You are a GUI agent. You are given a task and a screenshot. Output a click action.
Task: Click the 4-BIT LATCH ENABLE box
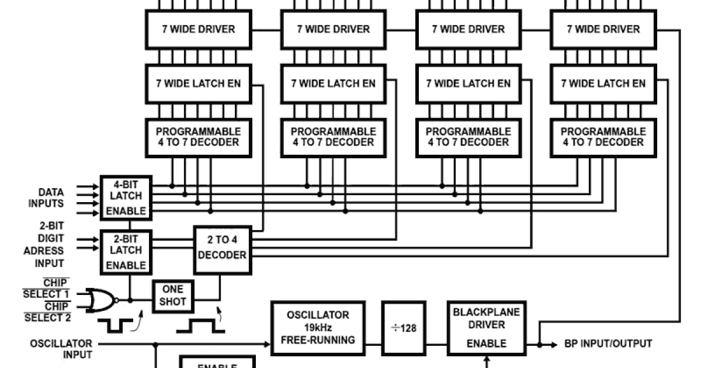(x=126, y=197)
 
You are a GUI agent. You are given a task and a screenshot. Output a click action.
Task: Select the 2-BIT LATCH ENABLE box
(x=126, y=251)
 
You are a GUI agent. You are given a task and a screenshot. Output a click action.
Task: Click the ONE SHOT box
(x=173, y=295)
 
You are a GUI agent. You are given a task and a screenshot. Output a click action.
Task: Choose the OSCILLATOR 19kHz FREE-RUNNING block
(x=318, y=328)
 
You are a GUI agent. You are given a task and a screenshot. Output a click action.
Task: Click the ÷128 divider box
(x=404, y=328)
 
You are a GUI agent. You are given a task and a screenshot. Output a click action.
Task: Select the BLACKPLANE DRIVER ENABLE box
(x=486, y=328)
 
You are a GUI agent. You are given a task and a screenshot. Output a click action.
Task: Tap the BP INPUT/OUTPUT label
(x=608, y=343)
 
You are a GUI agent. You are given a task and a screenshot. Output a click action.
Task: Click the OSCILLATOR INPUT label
(x=61, y=349)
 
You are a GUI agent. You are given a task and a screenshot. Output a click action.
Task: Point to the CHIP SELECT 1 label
(x=46, y=289)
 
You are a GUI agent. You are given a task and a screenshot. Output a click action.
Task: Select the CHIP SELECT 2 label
(x=46, y=312)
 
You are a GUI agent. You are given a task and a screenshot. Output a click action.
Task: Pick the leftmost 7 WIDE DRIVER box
(x=199, y=29)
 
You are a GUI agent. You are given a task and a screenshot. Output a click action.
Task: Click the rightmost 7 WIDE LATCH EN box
(x=603, y=83)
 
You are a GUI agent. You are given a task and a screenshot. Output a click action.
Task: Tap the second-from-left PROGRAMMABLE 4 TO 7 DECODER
(x=333, y=137)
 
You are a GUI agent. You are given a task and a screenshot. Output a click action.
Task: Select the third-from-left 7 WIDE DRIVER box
(x=468, y=29)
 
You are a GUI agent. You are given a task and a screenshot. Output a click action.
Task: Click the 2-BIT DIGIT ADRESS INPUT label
(x=44, y=245)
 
